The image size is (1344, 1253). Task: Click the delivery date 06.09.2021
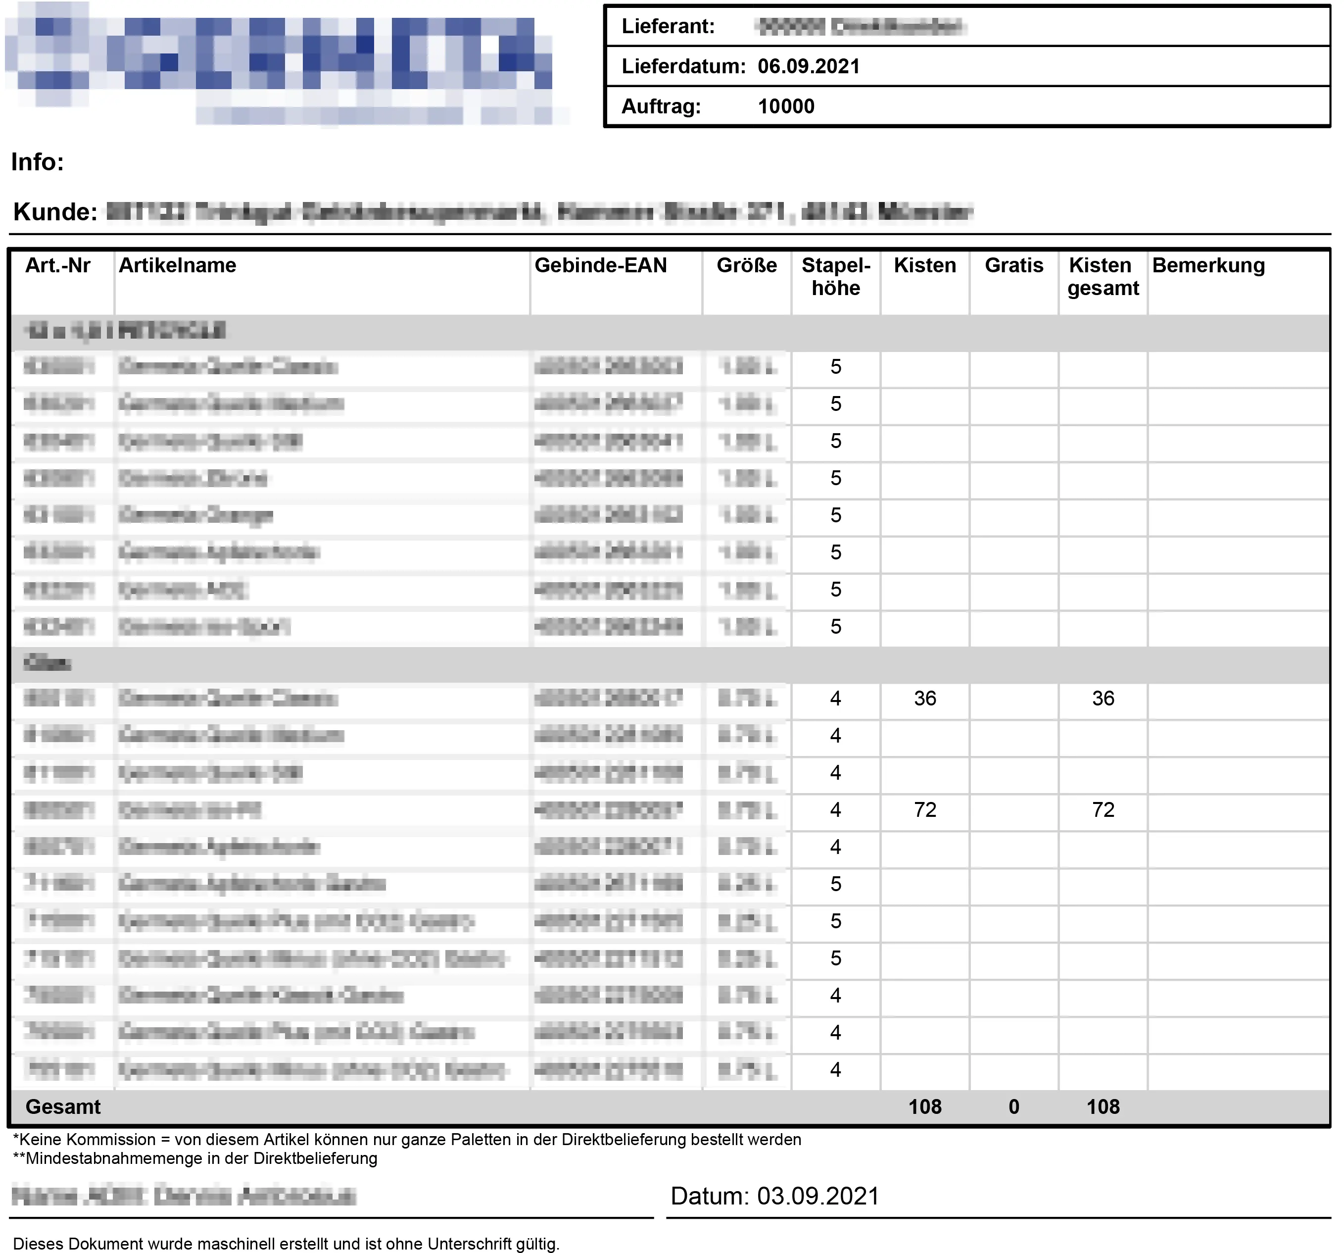(x=809, y=66)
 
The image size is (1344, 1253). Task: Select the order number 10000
(x=786, y=106)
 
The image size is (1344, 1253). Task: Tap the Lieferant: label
(x=668, y=26)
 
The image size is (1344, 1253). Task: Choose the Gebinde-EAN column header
(x=600, y=265)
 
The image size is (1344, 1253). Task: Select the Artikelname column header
(x=177, y=265)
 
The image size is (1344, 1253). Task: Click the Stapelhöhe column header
(x=836, y=277)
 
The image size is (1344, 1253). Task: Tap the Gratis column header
(x=1013, y=265)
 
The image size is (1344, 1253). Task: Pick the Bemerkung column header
(x=1208, y=265)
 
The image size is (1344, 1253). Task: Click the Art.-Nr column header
(x=58, y=265)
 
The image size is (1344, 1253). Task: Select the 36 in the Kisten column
(x=925, y=699)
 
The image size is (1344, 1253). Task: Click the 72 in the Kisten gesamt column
(x=1103, y=809)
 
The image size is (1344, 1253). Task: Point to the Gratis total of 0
(x=1013, y=1107)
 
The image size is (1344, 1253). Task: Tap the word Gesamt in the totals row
(x=63, y=1107)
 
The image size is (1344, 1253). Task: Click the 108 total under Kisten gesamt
(x=1103, y=1107)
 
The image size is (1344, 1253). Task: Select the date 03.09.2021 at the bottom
(x=817, y=1196)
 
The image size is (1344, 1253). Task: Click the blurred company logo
(x=284, y=64)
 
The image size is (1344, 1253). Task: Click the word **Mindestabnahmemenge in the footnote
(x=108, y=1158)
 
